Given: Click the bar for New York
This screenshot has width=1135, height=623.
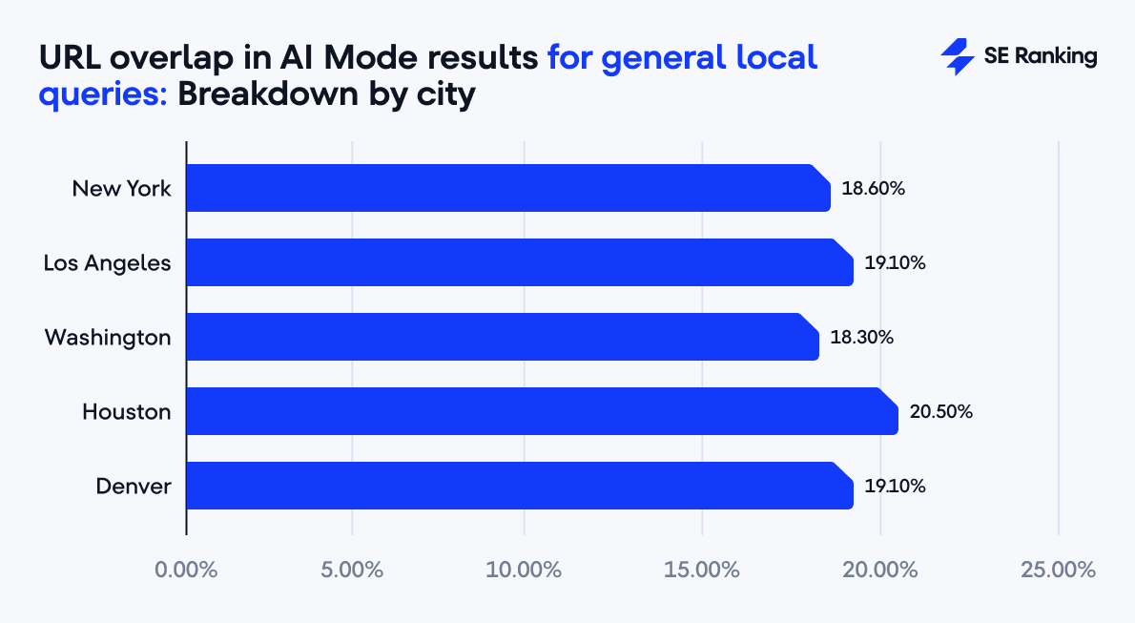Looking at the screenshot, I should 507,188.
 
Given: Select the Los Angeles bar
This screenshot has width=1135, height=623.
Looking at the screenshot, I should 519,262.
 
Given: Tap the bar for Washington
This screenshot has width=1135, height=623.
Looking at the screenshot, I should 502,337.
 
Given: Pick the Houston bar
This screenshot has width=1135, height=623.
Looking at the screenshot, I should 542,411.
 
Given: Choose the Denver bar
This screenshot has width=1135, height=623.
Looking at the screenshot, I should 519,486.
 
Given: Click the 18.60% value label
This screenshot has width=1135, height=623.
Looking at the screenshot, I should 873,188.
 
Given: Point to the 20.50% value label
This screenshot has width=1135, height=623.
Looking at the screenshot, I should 940,412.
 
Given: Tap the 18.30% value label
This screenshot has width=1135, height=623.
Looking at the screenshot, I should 861,338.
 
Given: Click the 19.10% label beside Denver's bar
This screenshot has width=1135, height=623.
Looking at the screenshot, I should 895,487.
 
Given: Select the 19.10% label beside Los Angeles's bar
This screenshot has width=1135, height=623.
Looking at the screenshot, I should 895,263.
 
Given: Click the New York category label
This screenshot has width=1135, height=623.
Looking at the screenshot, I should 122,188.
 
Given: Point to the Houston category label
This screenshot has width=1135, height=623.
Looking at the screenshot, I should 127,412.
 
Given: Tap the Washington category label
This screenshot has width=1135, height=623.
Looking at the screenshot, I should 108,338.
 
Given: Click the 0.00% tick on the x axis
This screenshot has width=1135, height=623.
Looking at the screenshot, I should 186,571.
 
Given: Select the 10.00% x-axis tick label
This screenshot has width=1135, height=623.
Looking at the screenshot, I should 524,571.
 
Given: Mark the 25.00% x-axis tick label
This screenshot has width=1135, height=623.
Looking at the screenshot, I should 1058,571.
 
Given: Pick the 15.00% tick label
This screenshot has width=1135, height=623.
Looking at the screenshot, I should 702,571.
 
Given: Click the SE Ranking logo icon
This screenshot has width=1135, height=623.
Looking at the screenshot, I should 956,57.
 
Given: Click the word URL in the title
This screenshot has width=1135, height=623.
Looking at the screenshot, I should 70,57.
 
